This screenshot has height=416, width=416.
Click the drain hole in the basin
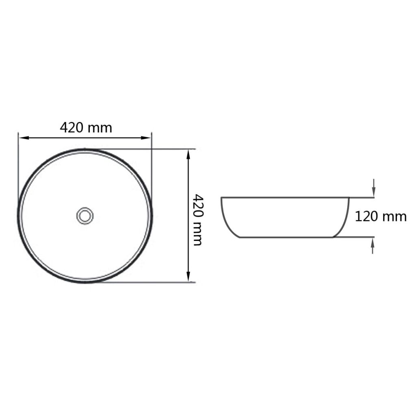tap(85, 216)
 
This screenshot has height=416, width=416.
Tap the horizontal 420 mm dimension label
tap(86, 128)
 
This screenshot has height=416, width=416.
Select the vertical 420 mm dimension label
tap(197, 220)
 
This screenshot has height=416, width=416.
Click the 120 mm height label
tap(380, 217)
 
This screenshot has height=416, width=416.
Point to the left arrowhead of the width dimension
tap(24, 138)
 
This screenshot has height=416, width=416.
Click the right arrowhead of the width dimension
tap(146, 138)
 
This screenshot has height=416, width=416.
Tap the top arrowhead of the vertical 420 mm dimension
tap(188, 155)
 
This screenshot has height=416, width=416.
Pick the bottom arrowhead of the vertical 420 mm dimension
tap(188, 276)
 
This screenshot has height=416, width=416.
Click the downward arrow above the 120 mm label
tap(374, 188)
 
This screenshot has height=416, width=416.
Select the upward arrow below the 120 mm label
tap(373, 246)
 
